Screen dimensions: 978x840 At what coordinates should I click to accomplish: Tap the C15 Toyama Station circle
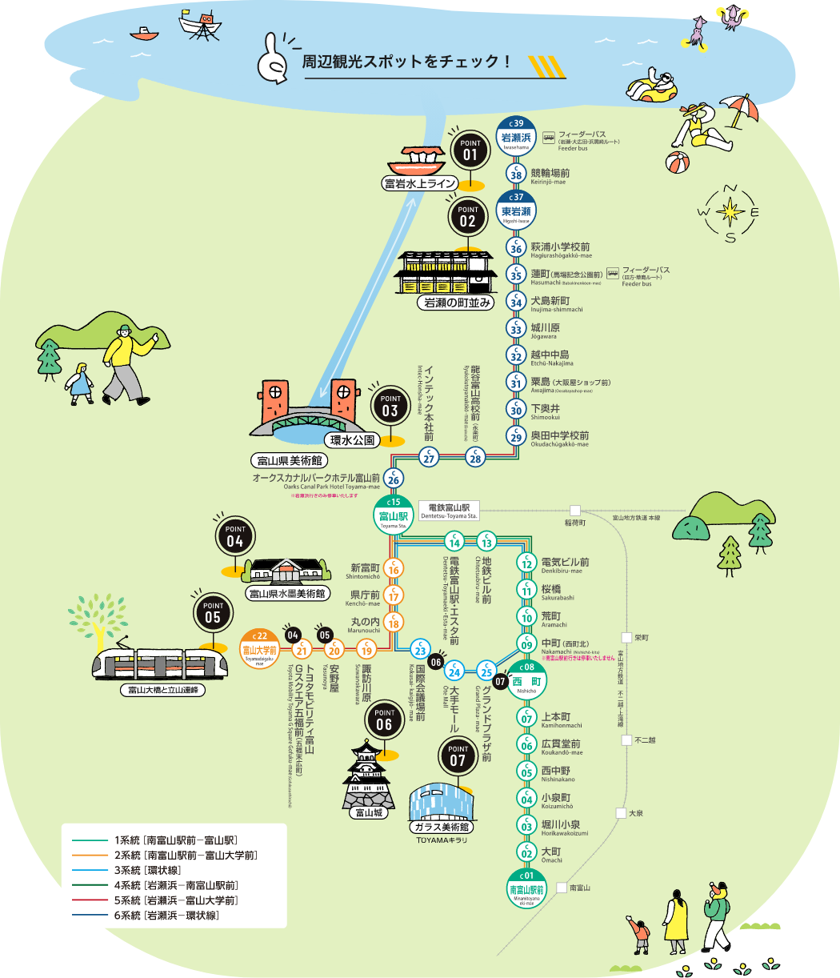(x=393, y=515)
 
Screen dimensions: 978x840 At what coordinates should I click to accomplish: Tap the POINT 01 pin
(x=469, y=150)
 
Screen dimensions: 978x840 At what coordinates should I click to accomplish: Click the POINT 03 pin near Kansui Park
(x=390, y=407)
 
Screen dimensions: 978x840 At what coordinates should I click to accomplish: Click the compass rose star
(x=730, y=212)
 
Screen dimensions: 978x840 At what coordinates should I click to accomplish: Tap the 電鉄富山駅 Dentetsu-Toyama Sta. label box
(x=449, y=511)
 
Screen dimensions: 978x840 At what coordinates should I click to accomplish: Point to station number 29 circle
(x=516, y=435)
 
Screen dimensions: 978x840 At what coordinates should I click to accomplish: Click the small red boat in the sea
(x=145, y=34)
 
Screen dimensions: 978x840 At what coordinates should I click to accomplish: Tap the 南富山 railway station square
(x=562, y=887)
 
